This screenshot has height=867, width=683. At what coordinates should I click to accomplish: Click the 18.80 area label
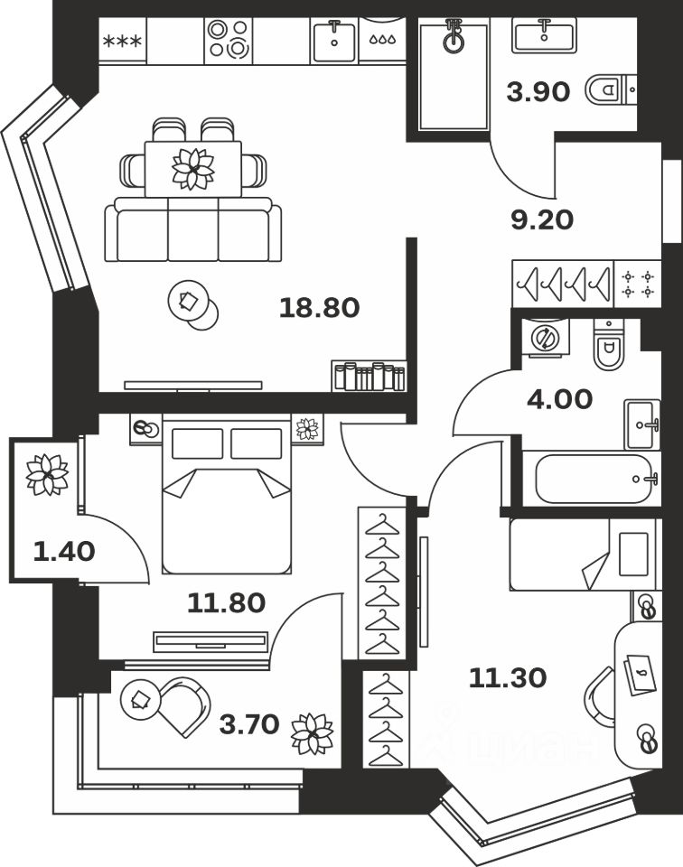tap(320, 308)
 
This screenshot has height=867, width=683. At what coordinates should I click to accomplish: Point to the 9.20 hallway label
tap(542, 219)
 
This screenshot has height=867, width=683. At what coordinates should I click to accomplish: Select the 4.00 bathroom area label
tap(560, 398)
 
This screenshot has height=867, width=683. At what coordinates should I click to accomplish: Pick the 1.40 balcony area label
tap(63, 550)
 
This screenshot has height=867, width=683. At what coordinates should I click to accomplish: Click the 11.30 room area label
tap(508, 676)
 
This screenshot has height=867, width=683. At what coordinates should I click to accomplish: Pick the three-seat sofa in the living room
tap(192, 230)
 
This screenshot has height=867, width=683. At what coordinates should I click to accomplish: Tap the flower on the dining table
tap(192, 168)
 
